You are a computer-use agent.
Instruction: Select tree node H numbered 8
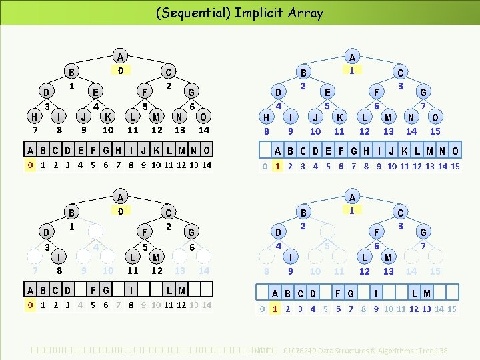(x=267, y=117)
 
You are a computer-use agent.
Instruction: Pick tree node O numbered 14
(x=204, y=116)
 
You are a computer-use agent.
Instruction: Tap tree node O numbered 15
(x=435, y=117)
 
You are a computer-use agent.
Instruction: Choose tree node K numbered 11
(x=339, y=117)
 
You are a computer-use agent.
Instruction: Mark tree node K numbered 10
(x=107, y=116)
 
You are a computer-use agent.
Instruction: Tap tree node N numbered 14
(x=411, y=117)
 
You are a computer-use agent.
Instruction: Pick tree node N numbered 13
(x=179, y=116)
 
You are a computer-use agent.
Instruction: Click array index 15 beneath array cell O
(x=455, y=166)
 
